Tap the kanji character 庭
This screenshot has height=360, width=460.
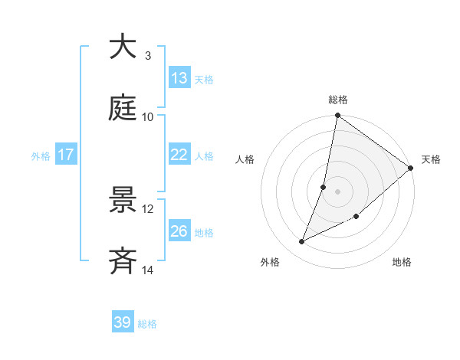pyautogui.click(x=123, y=108)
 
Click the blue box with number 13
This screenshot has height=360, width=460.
pyautogui.click(x=179, y=78)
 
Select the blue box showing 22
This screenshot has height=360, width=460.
pyautogui.click(x=179, y=155)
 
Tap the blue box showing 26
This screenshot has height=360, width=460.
pyautogui.click(x=179, y=231)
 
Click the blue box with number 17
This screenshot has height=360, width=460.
pyautogui.click(x=66, y=155)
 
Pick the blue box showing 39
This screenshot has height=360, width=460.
pyautogui.click(x=123, y=322)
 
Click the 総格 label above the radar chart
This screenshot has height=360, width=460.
pyautogui.click(x=338, y=100)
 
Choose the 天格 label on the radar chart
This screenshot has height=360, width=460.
pyautogui.click(x=431, y=159)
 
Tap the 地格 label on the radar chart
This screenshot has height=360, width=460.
pyautogui.click(x=402, y=262)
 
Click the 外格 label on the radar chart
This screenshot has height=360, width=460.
pyautogui.click(x=270, y=262)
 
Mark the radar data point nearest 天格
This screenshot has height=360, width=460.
pyautogui.click(x=411, y=169)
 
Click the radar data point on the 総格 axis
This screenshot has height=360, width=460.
pyautogui.click(x=338, y=116)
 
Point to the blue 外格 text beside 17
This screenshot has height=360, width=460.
pyautogui.click(x=41, y=155)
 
